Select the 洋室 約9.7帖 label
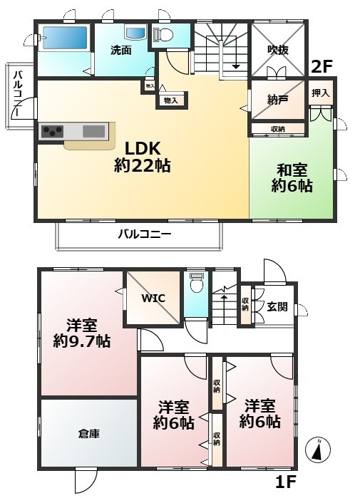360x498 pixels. [81, 333]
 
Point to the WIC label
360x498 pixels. [153, 298]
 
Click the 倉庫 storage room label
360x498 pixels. [89, 432]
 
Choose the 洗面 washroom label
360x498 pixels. [120, 51]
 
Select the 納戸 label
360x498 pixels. [277, 101]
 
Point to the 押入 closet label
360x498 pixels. [321, 93]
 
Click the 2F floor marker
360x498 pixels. [323, 68]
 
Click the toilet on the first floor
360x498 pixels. [197, 284]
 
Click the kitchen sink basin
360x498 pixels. [93, 131]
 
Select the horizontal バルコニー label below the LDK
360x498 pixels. [145, 234]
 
